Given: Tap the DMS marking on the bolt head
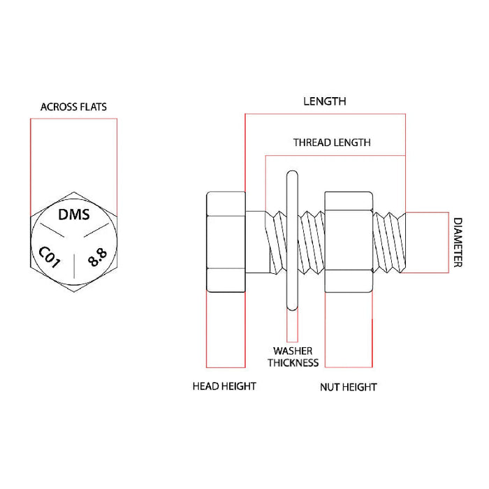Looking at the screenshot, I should pos(73,215).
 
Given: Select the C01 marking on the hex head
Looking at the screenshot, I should pos(50,256).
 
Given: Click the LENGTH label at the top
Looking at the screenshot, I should pos(324,101).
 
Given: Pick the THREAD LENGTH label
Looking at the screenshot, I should pos(331,143).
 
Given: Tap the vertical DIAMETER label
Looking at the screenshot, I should pos(458,242).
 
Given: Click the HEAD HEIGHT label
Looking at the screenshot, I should pos(224,386).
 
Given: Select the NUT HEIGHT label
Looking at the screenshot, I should pos(349,387).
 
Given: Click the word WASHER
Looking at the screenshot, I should pos(293,351).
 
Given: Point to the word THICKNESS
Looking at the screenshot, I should pos(293,363).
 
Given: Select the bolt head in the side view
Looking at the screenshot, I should pos(226,242).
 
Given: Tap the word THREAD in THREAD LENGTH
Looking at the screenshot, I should pos(310,143).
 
